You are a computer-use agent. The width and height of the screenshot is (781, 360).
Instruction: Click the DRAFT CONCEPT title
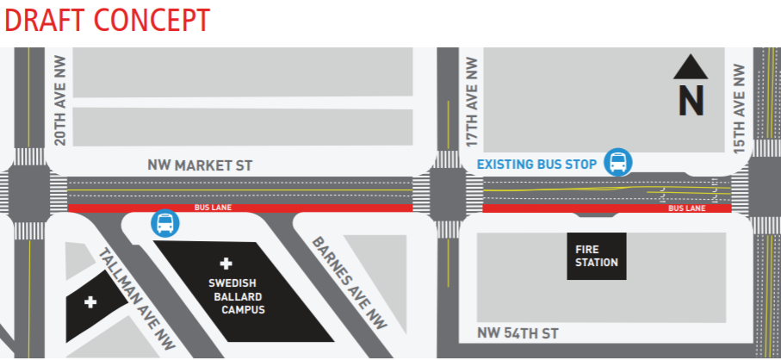[107, 20]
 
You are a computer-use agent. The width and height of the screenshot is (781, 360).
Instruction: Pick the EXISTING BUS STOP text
[536, 164]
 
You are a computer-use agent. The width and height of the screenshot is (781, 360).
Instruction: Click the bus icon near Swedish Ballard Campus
[165, 224]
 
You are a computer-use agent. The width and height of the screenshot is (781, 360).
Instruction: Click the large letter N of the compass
[691, 100]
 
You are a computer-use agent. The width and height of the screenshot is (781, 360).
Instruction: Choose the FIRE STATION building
[597, 256]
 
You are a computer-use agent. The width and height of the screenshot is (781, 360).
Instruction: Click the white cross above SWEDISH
[227, 263]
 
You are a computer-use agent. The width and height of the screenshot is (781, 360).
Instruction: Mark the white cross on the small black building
[90, 303]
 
